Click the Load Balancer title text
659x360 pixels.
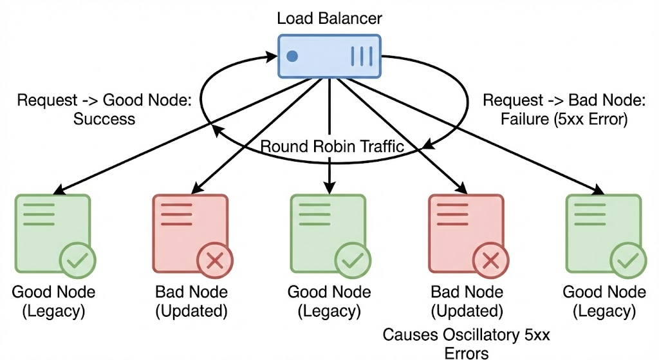point(329,17)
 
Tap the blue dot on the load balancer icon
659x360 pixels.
point(292,56)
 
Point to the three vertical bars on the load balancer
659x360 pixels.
point(361,56)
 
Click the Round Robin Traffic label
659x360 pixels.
point(332,147)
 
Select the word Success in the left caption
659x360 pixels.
point(104,118)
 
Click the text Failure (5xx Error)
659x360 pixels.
point(555,118)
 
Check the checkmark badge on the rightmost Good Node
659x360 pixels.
point(627,261)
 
